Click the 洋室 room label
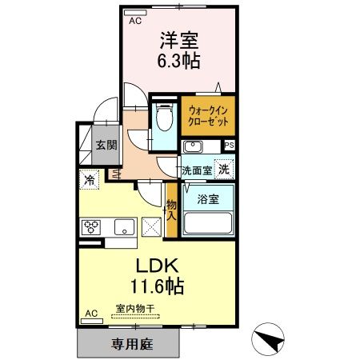pos(180,38)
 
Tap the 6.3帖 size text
pos(180,60)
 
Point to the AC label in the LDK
pos(90,313)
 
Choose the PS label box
pos(230,146)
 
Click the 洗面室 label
pos(195,170)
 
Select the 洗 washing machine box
pos(226,169)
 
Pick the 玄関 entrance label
pos(106,146)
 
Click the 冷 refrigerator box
pos(90,179)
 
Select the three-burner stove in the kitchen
pos(90,226)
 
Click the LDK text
pos(158,265)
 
